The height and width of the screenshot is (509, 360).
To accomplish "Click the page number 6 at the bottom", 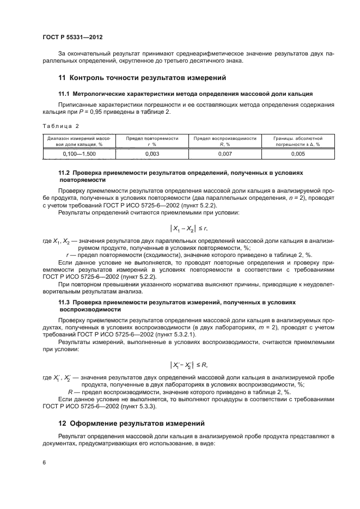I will click(x=44, y=462).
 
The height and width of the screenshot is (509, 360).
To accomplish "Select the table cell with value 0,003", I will click(x=152, y=154).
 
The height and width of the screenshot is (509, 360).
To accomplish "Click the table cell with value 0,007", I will click(x=224, y=154).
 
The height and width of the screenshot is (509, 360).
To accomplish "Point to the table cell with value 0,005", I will click(x=297, y=154).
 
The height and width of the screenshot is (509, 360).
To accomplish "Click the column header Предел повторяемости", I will click(x=152, y=142).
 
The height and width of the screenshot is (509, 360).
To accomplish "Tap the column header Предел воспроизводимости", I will click(x=224, y=142).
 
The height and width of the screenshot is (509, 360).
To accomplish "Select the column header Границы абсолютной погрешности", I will click(x=297, y=142).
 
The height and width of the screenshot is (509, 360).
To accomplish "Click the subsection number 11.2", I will click(x=64, y=172).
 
